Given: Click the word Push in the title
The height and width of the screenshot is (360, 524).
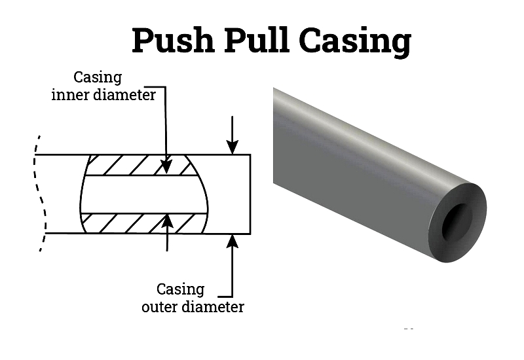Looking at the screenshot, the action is tap(173, 40).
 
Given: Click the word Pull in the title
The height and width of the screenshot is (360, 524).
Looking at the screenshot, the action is tap(256, 40).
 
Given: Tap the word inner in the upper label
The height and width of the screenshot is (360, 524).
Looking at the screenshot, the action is tap(71, 95).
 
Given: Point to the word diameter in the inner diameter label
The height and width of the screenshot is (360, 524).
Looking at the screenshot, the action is tap(124, 95).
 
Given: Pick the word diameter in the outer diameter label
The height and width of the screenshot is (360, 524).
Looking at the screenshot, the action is tap(214, 306).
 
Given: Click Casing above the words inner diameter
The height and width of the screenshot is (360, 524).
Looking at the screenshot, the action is tap(98, 78).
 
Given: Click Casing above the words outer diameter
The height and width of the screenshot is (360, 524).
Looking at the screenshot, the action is tap(181, 290).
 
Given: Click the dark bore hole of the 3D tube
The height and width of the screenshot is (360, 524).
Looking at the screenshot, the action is tap(457, 221).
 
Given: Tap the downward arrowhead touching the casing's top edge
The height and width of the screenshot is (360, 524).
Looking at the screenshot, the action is tap(233, 147).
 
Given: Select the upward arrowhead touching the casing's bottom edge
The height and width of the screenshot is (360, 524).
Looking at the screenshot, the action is tap(233, 241).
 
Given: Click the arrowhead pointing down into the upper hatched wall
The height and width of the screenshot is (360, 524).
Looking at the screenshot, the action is tap(166, 167).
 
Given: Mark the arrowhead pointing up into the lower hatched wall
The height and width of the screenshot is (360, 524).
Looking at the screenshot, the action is tap(167, 221).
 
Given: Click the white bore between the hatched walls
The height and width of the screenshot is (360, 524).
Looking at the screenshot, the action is tap(143, 194).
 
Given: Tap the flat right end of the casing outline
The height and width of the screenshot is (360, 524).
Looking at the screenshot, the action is tap(250, 194).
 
